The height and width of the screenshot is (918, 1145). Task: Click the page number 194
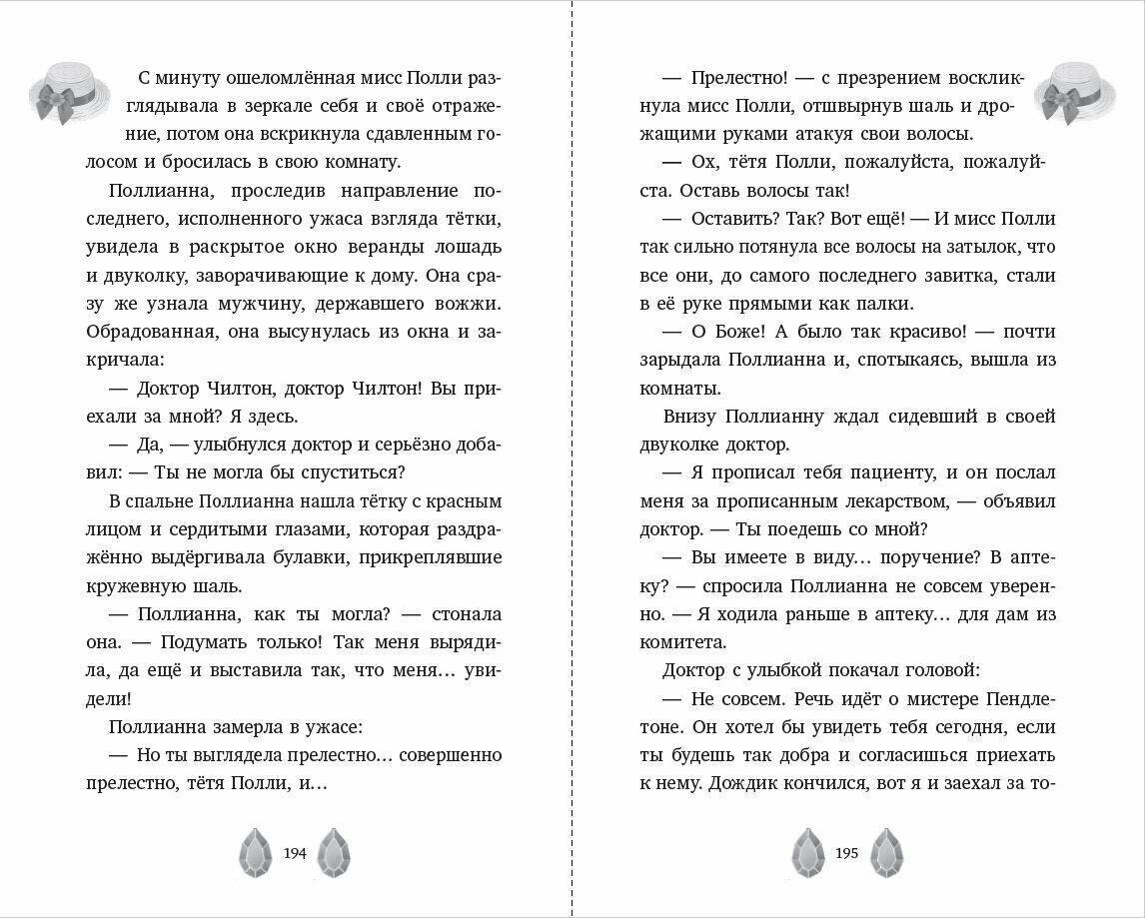(x=295, y=853)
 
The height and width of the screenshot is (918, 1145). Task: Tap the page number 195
(x=846, y=853)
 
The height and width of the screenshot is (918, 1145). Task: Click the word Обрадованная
(x=148, y=330)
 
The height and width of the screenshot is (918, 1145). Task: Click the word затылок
(x=995, y=247)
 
